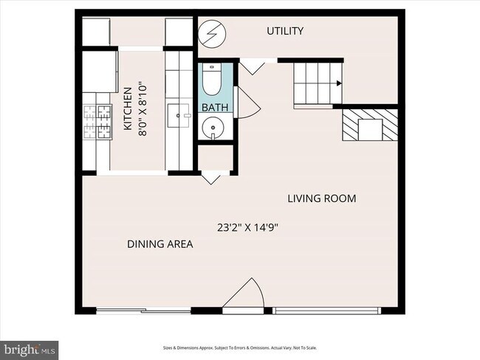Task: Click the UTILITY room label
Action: click(x=284, y=31)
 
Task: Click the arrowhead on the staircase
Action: click(x=337, y=84)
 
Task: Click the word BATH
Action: click(x=215, y=108)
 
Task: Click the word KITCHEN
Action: click(x=126, y=108)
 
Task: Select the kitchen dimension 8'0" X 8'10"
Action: click(x=142, y=108)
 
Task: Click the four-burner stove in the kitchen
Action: click(x=96, y=122)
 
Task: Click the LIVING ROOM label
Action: click(x=322, y=198)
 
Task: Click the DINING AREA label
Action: click(x=160, y=244)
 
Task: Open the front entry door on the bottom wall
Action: click(x=247, y=296)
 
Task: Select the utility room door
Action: click(x=255, y=67)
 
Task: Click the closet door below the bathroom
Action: click(x=210, y=177)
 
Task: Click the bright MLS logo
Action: click(x=30, y=347)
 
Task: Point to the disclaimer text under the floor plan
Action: click(x=240, y=347)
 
